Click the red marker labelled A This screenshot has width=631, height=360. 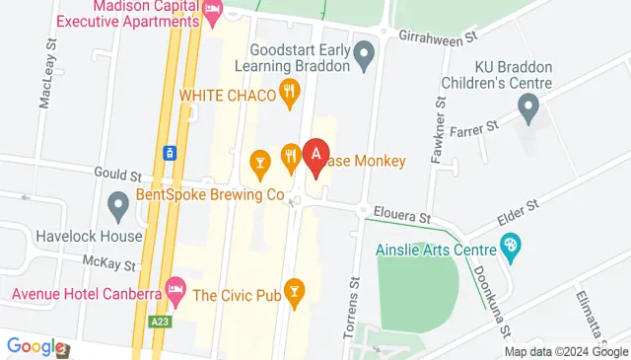[315, 156]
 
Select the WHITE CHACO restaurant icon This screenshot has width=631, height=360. [289, 94]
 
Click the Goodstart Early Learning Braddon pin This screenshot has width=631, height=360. [364, 57]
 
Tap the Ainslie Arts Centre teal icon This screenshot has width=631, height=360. [511, 245]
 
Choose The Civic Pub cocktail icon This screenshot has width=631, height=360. [293, 290]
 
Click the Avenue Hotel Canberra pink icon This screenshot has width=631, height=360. [176, 290]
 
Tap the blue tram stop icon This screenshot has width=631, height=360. [170, 153]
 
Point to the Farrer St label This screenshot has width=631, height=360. [477, 126]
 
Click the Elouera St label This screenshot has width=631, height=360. [403, 213]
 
